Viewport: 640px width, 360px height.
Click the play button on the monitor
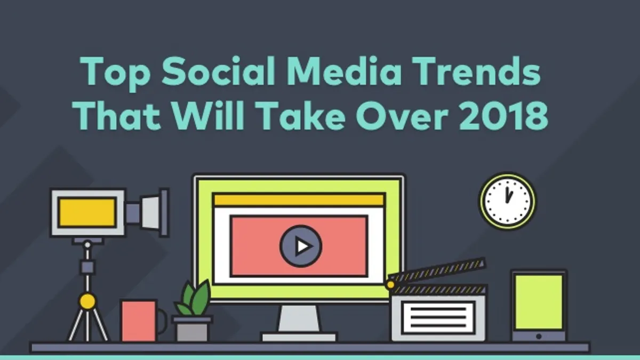(301, 246)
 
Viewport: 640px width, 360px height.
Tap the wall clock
(507, 201)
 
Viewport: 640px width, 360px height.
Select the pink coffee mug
(143, 321)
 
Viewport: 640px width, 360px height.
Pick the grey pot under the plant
(192, 329)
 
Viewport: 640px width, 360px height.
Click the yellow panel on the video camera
(87, 213)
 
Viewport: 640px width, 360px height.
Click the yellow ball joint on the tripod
(87, 301)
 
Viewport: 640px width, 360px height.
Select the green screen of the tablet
(539, 302)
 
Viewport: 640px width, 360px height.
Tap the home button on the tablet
(539, 337)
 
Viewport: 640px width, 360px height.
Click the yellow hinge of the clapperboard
(390, 285)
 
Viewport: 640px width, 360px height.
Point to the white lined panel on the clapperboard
(438, 317)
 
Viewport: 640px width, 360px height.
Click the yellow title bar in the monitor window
(299, 200)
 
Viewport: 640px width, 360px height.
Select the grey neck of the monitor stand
(299, 319)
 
